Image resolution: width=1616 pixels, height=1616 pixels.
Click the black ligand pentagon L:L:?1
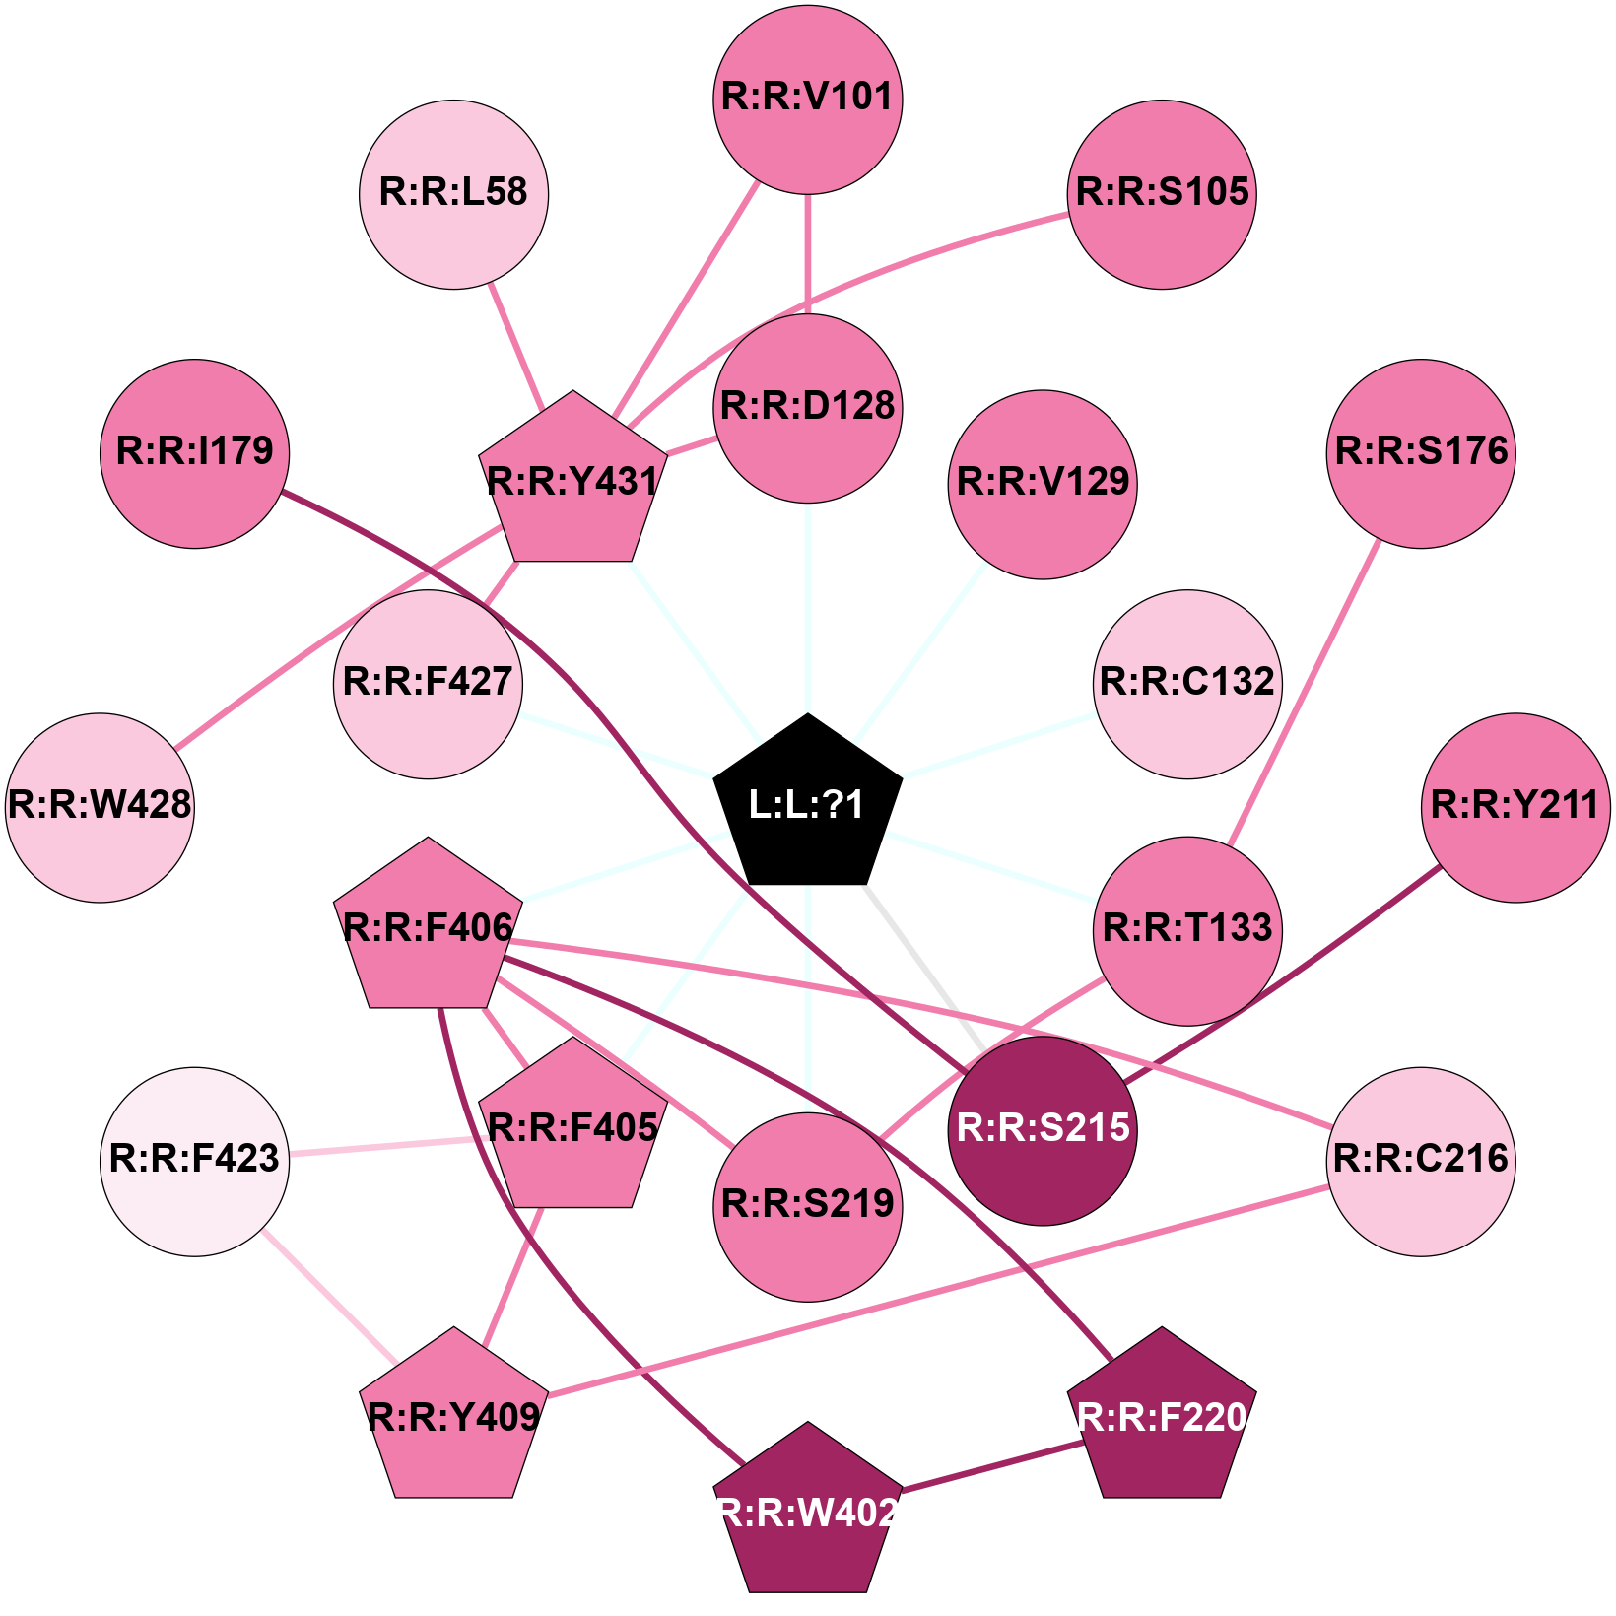808,804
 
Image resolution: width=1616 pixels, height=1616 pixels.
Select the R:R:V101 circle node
808,99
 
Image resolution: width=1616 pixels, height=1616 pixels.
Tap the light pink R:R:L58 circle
453,194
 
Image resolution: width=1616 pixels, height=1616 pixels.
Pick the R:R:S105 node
1163,194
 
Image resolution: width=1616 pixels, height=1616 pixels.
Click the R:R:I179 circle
195,453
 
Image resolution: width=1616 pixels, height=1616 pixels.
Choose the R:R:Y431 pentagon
572,482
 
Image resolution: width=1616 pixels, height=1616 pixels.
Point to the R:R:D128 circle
808,408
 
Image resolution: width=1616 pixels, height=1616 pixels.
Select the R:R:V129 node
1043,485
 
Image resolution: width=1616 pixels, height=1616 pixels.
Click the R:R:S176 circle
1421,453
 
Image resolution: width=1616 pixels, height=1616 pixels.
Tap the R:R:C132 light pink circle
1187,684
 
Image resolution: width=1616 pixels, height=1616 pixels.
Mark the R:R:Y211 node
1515,807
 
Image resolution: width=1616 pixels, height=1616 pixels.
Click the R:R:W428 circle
100,807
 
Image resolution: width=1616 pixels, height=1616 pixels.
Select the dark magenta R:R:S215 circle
1043,1130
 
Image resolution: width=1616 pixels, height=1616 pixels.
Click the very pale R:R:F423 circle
195,1161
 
